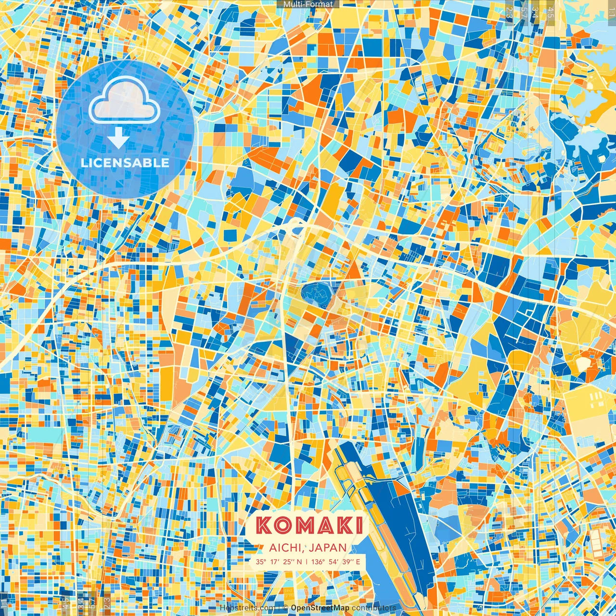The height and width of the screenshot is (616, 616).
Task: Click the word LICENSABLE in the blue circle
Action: click(125, 163)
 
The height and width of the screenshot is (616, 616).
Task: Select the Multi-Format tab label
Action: click(308, 4)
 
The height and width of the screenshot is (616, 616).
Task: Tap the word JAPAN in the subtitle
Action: click(328, 548)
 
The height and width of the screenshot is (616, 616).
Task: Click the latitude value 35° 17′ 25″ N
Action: click(279, 562)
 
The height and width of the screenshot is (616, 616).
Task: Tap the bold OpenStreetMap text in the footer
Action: click(320, 608)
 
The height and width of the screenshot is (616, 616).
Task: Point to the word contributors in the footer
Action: click(374, 608)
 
